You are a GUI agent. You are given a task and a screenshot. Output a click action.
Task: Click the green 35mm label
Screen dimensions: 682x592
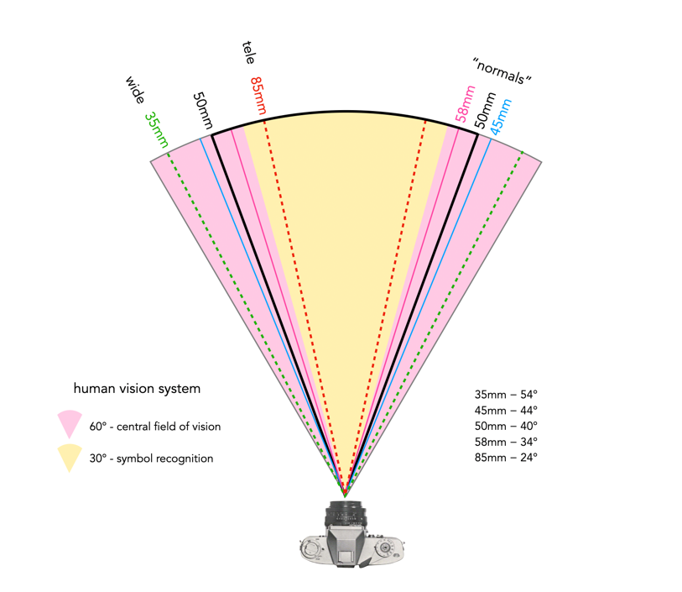(x=156, y=129)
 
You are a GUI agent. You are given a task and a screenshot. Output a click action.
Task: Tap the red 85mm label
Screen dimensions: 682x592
(x=258, y=96)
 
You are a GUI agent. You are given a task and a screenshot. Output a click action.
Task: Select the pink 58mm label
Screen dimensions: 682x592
(x=465, y=104)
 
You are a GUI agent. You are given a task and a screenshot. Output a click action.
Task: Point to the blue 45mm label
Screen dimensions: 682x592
(x=501, y=117)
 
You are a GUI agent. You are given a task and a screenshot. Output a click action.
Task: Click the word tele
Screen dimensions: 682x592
(x=248, y=53)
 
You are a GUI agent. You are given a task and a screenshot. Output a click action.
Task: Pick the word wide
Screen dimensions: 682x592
(x=135, y=90)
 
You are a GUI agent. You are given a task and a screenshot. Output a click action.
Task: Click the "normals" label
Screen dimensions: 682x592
(x=502, y=71)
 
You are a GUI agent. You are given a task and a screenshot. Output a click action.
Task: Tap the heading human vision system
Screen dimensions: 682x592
(x=137, y=388)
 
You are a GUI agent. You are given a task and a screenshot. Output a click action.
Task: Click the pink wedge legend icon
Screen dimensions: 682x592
(x=70, y=423)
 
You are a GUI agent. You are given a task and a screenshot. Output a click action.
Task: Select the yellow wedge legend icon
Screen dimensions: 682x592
(x=70, y=457)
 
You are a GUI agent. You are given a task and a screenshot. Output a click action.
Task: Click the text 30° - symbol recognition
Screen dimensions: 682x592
(x=151, y=458)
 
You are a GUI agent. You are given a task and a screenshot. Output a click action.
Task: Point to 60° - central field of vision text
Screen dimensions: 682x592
(x=155, y=426)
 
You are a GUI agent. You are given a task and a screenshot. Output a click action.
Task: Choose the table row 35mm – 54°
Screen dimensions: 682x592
(x=506, y=395)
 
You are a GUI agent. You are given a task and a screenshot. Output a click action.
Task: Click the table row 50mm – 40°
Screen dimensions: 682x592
(x=506, y=426)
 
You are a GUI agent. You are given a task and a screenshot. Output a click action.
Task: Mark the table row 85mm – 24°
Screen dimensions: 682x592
(x=506, y=457)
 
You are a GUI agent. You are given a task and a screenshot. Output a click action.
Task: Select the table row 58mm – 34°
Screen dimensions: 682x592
(x=506, y=442)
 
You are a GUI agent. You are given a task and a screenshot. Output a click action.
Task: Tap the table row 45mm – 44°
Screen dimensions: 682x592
(x=506, y=410)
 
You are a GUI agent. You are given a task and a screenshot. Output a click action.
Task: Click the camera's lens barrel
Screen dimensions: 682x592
(x=346, y=514)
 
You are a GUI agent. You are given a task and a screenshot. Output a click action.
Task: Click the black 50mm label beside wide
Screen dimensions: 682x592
(x=202, y=111)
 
